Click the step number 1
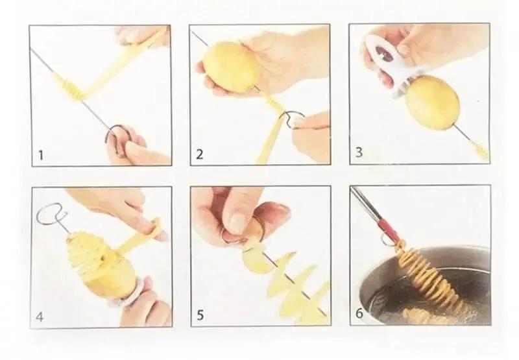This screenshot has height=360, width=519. (x=41, y=155)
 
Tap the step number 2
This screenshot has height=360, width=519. (x=199, y=154)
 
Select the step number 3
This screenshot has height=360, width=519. (x=359, y=152)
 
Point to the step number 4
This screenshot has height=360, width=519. (x=40, y=317)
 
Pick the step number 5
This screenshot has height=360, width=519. (x=200, y=315)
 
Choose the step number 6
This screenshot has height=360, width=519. (x=359, y=313)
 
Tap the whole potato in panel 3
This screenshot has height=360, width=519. (x=432, y=102)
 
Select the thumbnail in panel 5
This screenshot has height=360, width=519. (x=237, y=222)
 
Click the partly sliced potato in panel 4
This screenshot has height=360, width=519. (x=99, y=265)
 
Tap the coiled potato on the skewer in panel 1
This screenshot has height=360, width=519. (x=70, y=88)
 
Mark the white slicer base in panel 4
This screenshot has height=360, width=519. (x=127, y=291)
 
